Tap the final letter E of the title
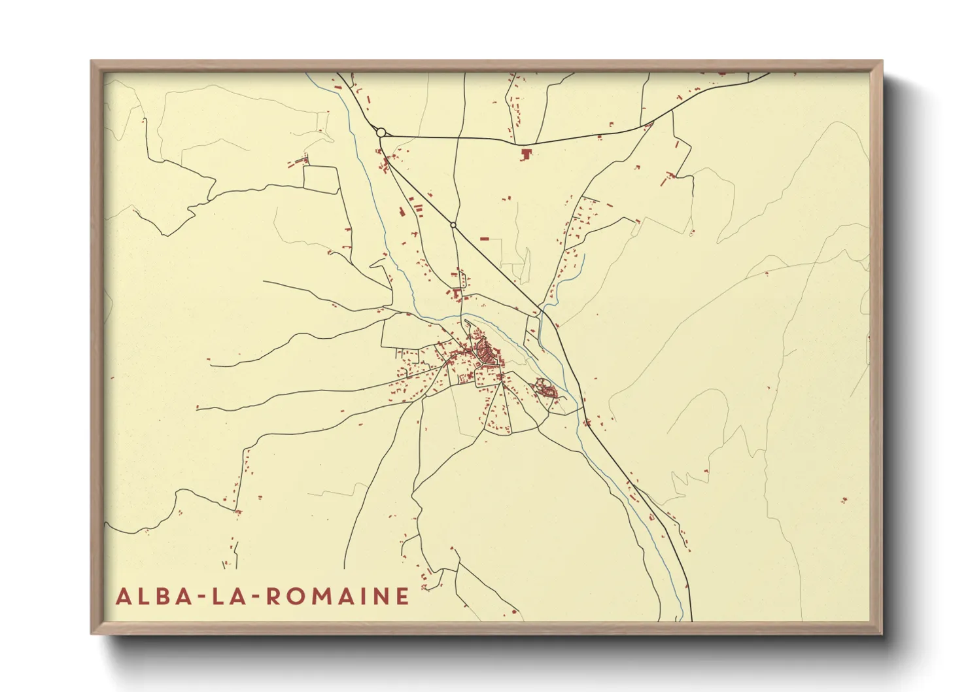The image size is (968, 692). (403, 597)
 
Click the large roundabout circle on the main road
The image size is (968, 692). (381, 132)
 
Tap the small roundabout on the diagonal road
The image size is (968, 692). (453, 225)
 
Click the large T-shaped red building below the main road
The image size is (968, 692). (525, 154)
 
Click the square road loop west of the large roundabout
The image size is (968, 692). (321, 179)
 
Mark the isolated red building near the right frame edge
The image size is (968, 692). (844, 500)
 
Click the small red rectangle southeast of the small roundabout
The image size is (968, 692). (485, 239)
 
